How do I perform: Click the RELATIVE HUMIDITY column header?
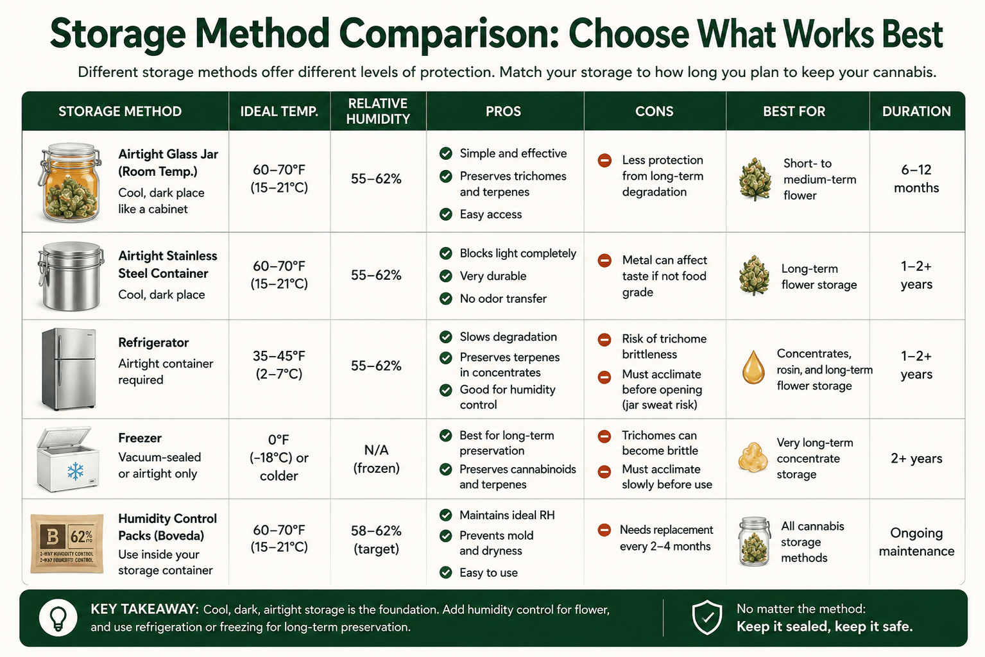[378, 111]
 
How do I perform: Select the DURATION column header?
[916, 111]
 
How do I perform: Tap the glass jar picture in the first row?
[71, 182]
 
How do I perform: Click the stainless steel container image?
[71, 276]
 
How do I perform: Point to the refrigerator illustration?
[69, 369]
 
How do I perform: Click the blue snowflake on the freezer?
[76, 471]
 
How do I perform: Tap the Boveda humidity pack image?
[67, 543]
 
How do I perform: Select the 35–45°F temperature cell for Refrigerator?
[278, 365]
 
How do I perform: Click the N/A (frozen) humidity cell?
[377, 459]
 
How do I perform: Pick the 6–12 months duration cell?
[916, 178]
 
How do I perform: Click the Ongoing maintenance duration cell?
[916, 542]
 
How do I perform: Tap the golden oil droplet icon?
[753, 367]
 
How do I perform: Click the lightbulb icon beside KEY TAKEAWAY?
[58, 618]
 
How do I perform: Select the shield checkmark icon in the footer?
[707, 617]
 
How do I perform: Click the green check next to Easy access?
[446, 214]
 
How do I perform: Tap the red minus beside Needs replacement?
[604, 530]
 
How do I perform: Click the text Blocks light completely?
[518, 253]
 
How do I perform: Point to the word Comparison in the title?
[449, 34]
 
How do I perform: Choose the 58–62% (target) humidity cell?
[377, 540]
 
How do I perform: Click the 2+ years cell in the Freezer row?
[916, 459]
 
